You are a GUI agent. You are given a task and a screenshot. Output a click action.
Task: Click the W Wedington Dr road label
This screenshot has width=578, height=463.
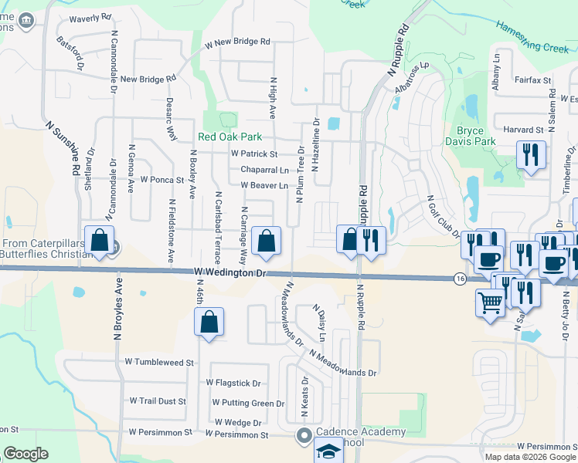(x=229, y=273)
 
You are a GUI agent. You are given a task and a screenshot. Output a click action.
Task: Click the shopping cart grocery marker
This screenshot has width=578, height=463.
(x=490, y=301)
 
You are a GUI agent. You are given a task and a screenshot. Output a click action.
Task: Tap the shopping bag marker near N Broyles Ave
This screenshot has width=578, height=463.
(x=100, y=240)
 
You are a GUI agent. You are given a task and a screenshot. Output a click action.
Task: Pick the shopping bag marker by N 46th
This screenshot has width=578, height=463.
(x=209, y=322)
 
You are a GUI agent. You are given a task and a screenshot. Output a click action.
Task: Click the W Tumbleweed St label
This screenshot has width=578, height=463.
(x=159, y=362)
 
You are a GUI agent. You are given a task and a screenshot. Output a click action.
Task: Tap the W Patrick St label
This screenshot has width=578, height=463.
(x=253, y=154)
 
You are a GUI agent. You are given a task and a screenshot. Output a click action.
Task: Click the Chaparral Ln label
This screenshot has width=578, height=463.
(x=264, y=170)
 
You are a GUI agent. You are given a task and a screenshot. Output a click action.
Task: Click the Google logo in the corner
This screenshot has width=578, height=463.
(x=26, y=454)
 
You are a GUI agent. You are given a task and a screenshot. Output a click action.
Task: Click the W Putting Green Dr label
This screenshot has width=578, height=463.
(x=248, y=403)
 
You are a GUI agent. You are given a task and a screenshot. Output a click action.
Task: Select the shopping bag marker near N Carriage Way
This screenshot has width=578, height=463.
(x=266, y=240)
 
